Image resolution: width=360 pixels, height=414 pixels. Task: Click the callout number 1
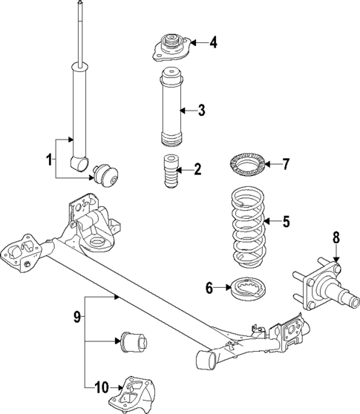(x=50, y=159)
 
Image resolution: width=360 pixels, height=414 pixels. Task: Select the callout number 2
(x=197, y=168)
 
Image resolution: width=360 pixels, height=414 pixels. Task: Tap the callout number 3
(x=201, y=111)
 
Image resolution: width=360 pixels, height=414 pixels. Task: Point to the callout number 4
(x=213, y=42)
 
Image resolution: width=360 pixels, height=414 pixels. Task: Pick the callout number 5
(x=287, y=221)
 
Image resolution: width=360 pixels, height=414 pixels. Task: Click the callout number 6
(x=210, y=286)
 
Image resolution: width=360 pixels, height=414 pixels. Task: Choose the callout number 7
(x=287, y=164)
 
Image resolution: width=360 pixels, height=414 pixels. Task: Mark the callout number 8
(x=336, y=237)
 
